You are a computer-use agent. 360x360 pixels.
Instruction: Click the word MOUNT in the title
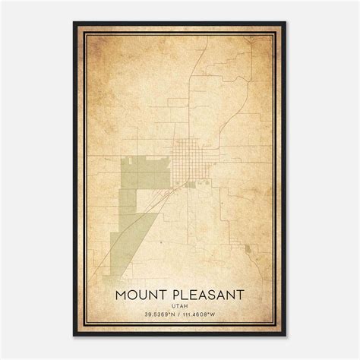tap(144, 292)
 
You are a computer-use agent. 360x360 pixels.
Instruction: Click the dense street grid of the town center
tap(186, 159)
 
